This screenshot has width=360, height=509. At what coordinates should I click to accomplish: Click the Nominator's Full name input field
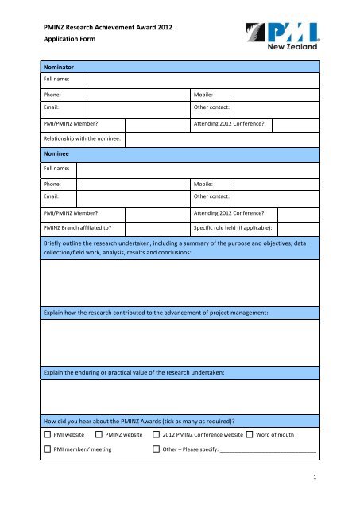(203, 81)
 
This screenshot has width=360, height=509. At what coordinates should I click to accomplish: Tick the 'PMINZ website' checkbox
(99, 435)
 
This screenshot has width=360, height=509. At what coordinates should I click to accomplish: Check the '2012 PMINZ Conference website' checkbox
(156, 435)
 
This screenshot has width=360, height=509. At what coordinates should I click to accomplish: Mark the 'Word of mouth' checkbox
(250, 435)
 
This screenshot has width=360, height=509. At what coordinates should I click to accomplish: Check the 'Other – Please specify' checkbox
(156, 450)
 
